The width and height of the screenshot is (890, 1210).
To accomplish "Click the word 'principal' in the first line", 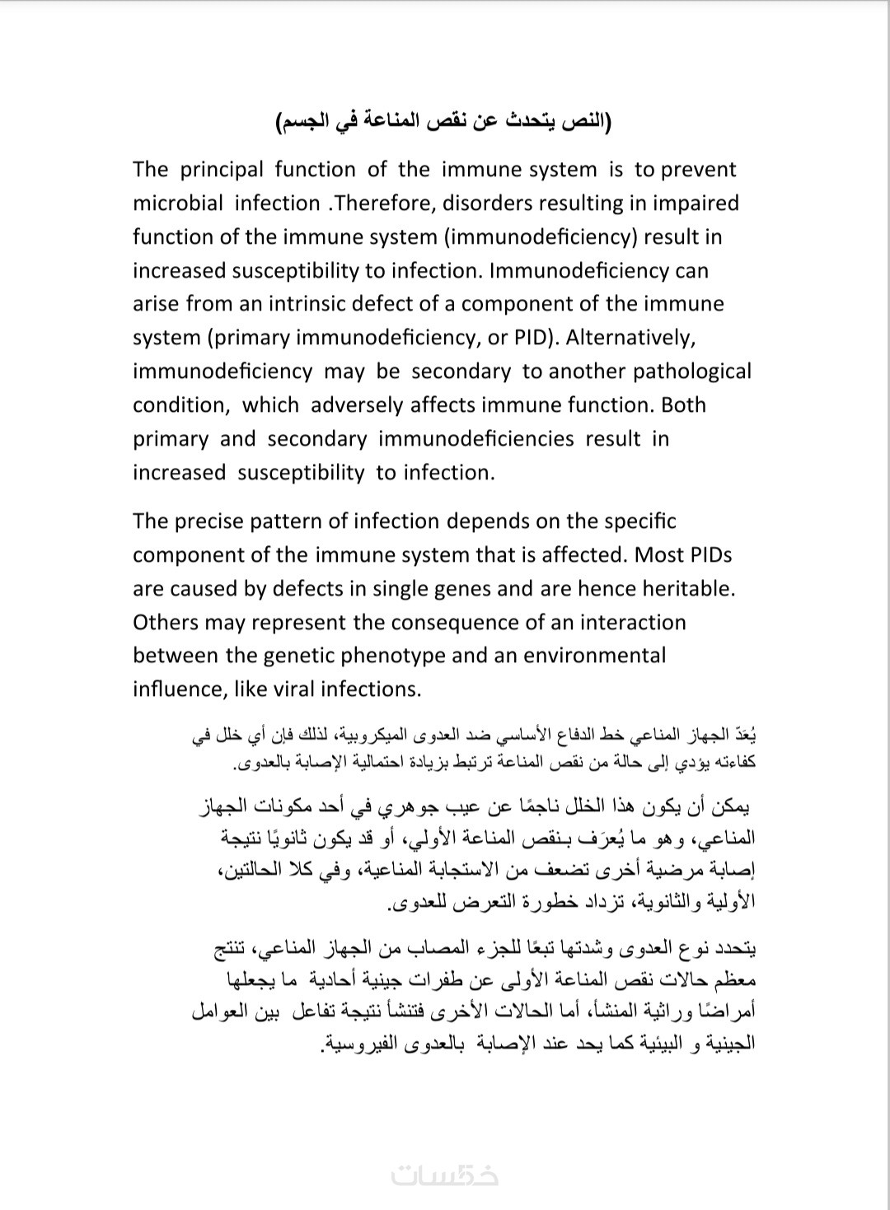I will [x=222, y=170].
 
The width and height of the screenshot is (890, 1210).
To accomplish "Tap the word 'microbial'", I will [x=179, y=203].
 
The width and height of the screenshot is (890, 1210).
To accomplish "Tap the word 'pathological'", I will [x=692, y=371].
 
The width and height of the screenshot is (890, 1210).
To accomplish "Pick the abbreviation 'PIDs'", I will [x=706, y=555].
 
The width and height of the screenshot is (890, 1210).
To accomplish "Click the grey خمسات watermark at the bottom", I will [x=445, y=1175].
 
